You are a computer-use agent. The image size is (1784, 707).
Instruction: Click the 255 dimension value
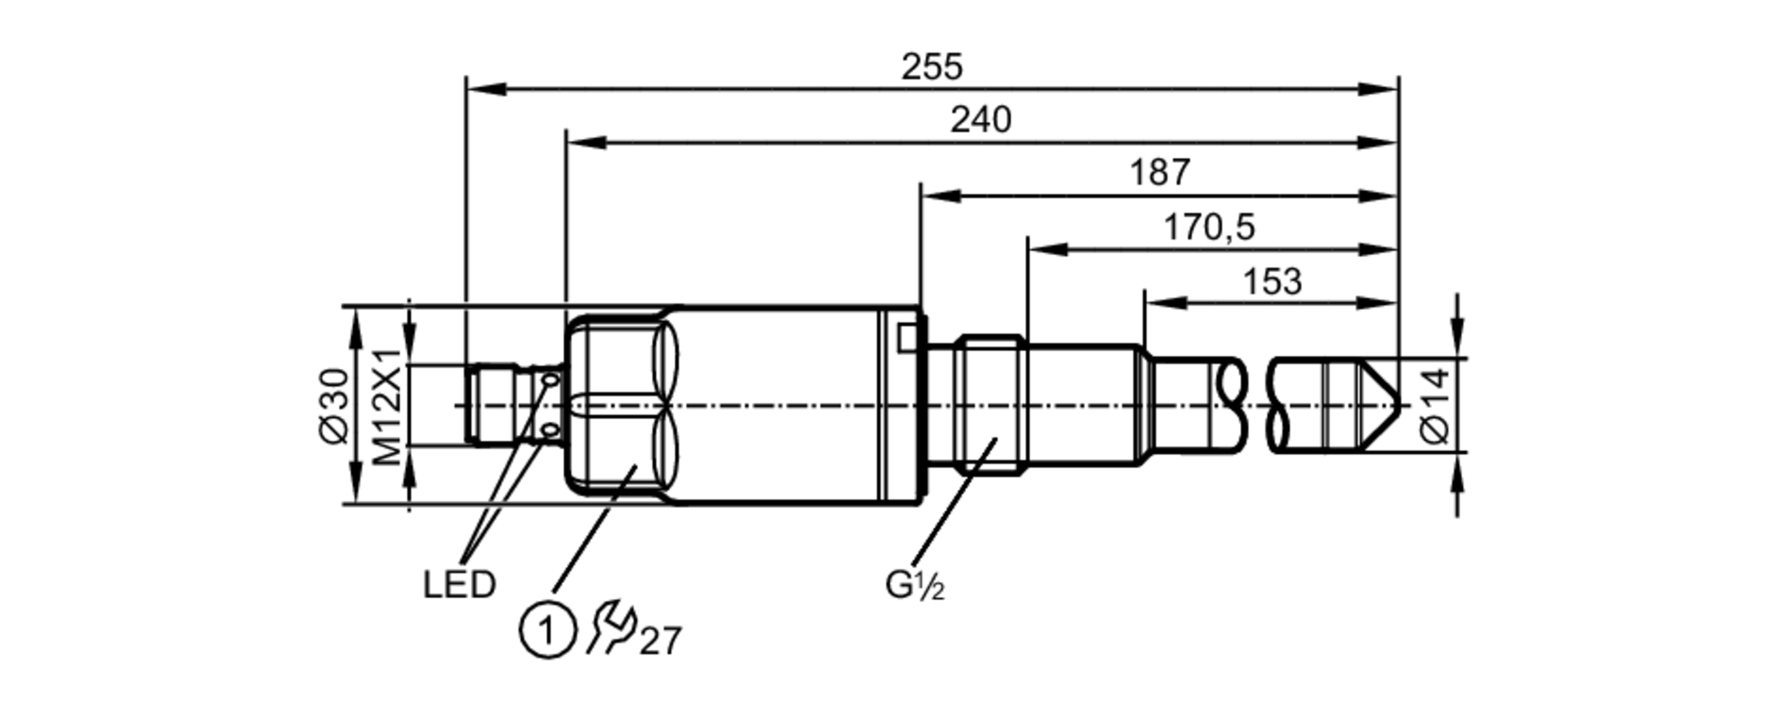coord(931,67)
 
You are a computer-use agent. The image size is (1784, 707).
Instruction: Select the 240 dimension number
coord(980,119)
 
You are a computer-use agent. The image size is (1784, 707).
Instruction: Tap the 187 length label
coord(1160,172)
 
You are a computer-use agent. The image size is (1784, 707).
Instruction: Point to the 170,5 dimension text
coord(1209,227)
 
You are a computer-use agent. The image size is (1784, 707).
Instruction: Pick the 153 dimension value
coord(1272,282)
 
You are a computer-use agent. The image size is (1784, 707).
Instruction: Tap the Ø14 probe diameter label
coord(1435,406)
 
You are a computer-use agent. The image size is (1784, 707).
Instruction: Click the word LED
coord(458,586)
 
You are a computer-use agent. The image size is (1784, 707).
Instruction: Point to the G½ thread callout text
coord(914,586)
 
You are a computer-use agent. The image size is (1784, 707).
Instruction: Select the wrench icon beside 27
coord(610,627)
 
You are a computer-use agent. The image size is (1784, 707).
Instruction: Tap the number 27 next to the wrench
coord(661,641)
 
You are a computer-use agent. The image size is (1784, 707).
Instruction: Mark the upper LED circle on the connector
coord(550,381)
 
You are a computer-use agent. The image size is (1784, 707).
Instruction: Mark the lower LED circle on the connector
coord(550,432)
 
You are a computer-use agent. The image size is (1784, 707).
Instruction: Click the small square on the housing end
coord(906,337)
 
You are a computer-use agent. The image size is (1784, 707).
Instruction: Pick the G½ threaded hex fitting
coord(989,405)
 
